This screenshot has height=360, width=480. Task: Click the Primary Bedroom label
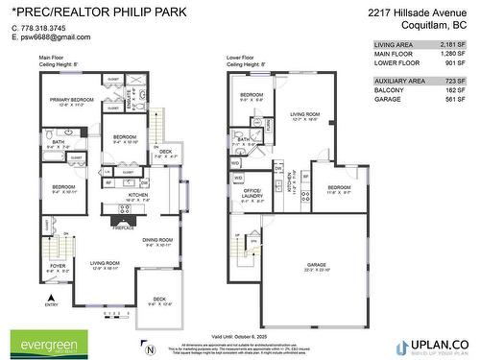71,100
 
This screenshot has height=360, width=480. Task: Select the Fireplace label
123,228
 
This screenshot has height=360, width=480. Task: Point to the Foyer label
58,266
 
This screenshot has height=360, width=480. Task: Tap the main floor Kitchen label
138,195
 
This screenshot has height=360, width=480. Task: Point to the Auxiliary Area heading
400,80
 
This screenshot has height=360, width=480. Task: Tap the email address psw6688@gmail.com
54,37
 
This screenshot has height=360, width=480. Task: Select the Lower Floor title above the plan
244,58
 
